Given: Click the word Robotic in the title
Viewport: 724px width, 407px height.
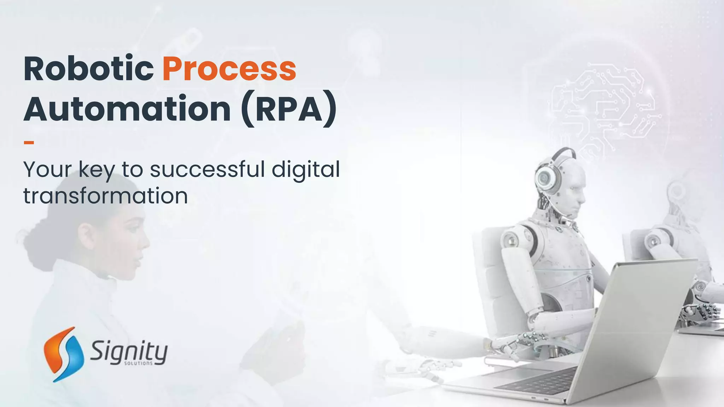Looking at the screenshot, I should click(x=88, y=69).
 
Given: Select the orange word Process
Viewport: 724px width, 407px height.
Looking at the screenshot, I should click(x=229, y=69).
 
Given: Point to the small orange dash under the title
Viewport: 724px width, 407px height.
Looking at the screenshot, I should click(x=29, y=143).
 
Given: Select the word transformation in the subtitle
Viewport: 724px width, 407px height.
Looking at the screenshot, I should click(x=105, y=196).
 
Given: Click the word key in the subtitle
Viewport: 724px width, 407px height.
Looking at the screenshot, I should click(x=97, y=170).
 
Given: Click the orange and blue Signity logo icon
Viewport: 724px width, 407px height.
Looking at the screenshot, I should click(x=64, y=354).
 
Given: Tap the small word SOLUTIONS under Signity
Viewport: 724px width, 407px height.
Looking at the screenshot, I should click(x=138, y=364).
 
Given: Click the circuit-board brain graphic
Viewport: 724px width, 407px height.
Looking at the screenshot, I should click(x=605, y=106).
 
